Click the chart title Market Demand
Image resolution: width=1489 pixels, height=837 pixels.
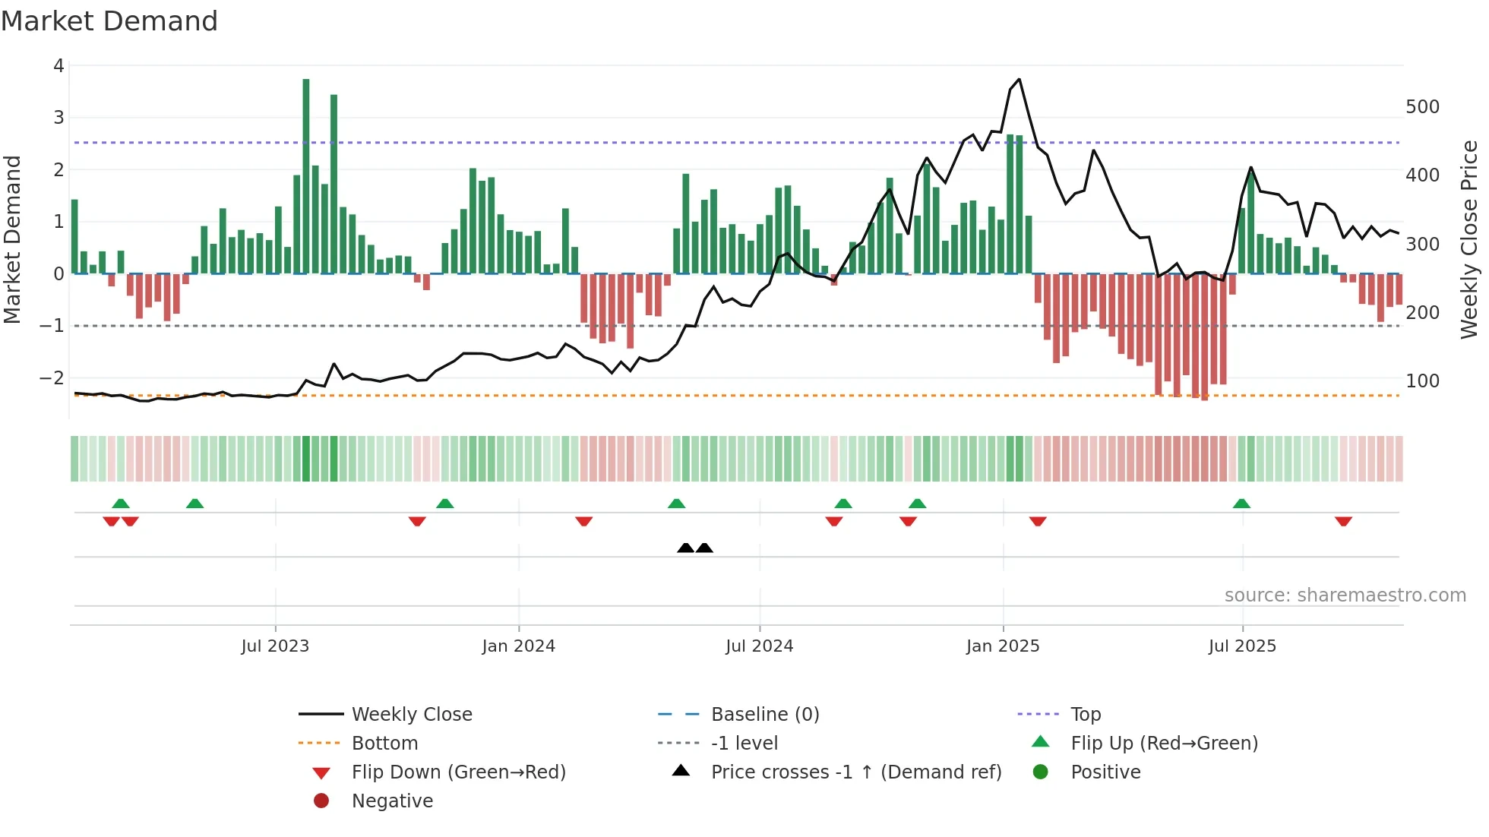pyautogui.click(x=109, y=21)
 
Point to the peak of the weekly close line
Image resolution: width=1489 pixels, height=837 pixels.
pyautogui.click(x=1019, y=79)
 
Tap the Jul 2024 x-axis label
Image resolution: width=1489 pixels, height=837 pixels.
pyautogui.click(x=759, y=646)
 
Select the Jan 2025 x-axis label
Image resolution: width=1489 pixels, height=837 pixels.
pyautogui.click(x=1003, y=646)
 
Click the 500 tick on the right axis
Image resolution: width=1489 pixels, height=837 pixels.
pyautogui.click(x=1422, y=107)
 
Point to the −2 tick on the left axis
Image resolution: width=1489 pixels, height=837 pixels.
pyautogui.click(x=52, y=377)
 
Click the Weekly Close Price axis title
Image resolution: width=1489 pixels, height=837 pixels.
pyautogui.click(x=1469, y=239)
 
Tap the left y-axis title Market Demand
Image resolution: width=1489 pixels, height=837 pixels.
pyautogui.click(x=12, y=239)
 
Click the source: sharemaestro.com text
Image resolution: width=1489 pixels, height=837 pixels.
pyautogui.click(x=1345, y=595)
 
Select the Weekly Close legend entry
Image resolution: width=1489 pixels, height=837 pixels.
pyautogui.click(x=412, y=714)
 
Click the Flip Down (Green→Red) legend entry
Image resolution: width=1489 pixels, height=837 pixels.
pyautogui.click(x=458, y=772)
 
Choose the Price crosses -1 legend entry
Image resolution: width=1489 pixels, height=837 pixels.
pyautogui.click(x=856, y=772)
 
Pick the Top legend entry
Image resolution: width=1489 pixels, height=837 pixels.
pyautogui.click(x=1086, y=714)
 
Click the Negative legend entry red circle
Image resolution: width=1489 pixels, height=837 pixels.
pyautogui.click(x=321, y=801)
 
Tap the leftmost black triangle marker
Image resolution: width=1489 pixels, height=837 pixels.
pyautogui.click(x=685, y=548)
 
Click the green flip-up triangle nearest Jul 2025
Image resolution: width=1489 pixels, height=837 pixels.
pyautogui.click(x=1241, y=504)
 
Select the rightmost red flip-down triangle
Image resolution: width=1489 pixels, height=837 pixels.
pyautogui.click(x=1343, y=521)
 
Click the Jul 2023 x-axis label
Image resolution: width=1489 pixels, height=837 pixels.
pyautogui.click(x=275, y=646)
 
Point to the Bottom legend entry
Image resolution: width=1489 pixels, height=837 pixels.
pyautogui.click(x=384, y=743)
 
